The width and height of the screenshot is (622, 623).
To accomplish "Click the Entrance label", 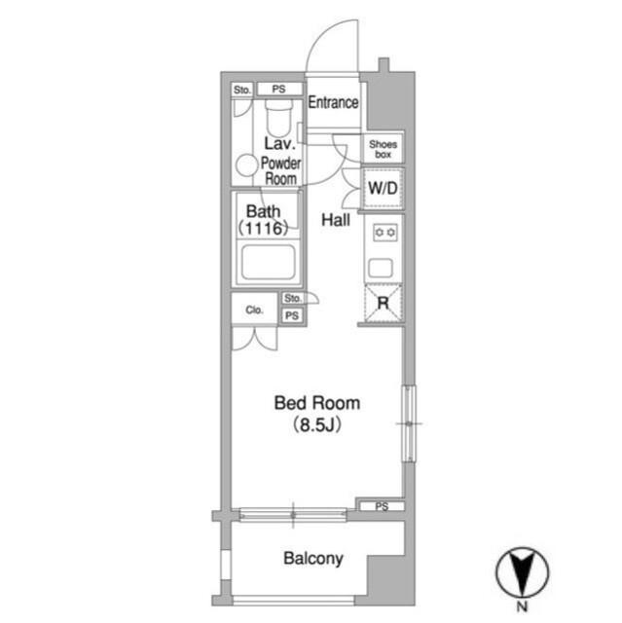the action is point(333,102).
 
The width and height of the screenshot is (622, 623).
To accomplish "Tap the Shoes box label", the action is point(383,149).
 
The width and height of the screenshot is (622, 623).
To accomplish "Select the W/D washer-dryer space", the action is point(383,188).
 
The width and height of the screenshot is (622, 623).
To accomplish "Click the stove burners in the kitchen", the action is point(384,233).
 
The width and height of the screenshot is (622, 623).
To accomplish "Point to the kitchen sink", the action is point(381,268).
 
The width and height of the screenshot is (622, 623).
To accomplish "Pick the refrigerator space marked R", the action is point(384,303).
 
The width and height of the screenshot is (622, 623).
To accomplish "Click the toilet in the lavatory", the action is point(278,117).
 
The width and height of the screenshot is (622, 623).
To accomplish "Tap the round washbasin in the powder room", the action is point(246,165).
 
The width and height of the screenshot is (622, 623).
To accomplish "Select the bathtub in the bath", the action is point(269,262).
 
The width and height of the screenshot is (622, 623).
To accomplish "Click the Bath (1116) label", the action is point(264,220).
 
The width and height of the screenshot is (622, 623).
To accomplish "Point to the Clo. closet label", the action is point(254,310).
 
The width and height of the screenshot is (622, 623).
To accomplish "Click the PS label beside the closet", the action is point(292,315).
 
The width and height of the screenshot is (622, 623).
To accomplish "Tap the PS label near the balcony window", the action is point(382,506).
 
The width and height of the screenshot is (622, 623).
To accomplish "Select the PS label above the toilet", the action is point(278,89).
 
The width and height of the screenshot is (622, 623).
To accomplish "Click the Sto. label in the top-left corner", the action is point(242,90).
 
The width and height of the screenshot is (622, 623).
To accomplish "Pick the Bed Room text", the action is point(317,403).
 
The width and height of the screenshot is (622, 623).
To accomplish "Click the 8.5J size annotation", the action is point(317,425).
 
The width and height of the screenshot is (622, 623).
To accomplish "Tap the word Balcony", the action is point(313,559).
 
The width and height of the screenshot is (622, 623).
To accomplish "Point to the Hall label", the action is point(336,220).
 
